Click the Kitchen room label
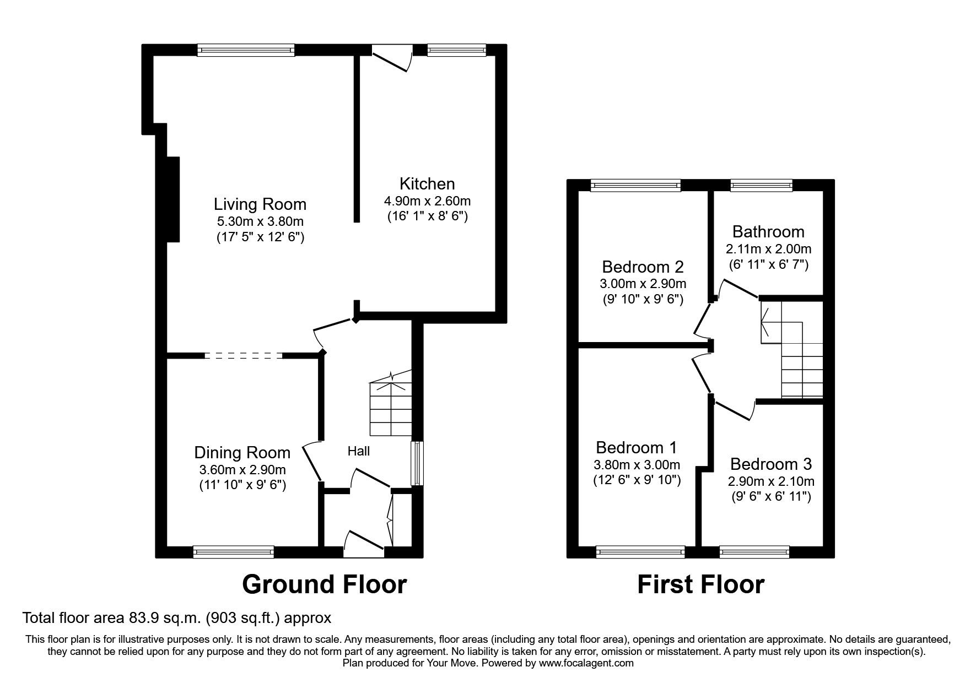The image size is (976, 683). click(427, 183)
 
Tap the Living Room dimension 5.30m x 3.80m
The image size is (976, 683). click(260, 221)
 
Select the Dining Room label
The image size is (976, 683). click(242, 453)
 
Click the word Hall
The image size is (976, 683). click(358, 451)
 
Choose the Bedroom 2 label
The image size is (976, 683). click(643, 267)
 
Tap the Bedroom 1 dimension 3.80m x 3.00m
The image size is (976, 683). click(637, 464)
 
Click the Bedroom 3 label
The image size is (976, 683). click(770, 464)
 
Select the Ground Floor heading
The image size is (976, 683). click(324, 584)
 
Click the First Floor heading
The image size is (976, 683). click(700, 584)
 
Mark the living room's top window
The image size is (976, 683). click(246, 50)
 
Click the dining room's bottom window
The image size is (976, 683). click(234, 551)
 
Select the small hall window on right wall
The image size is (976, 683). click(418, 463)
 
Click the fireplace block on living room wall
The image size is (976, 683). click(172, 199)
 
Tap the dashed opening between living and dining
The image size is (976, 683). click(243, 356)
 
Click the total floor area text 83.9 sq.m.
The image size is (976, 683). click(176, 618)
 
